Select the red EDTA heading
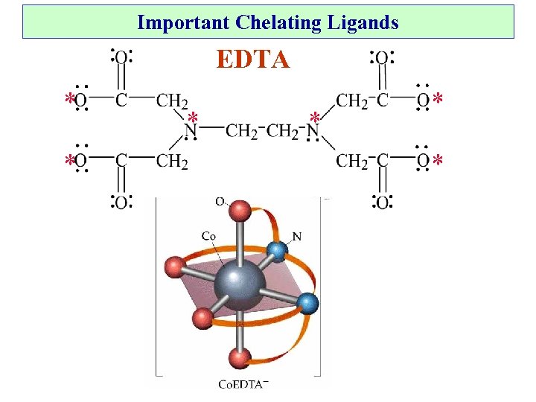[253, 59]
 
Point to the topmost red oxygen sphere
[240, 211]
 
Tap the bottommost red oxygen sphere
[239, 359]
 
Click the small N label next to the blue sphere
[296, 237]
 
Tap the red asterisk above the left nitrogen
[192, 118]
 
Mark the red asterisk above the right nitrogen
[315, 118]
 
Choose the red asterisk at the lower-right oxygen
[438, 161]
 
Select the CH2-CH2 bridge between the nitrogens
[253, 132]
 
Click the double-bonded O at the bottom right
[381, 202]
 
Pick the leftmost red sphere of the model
[173, 266]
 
